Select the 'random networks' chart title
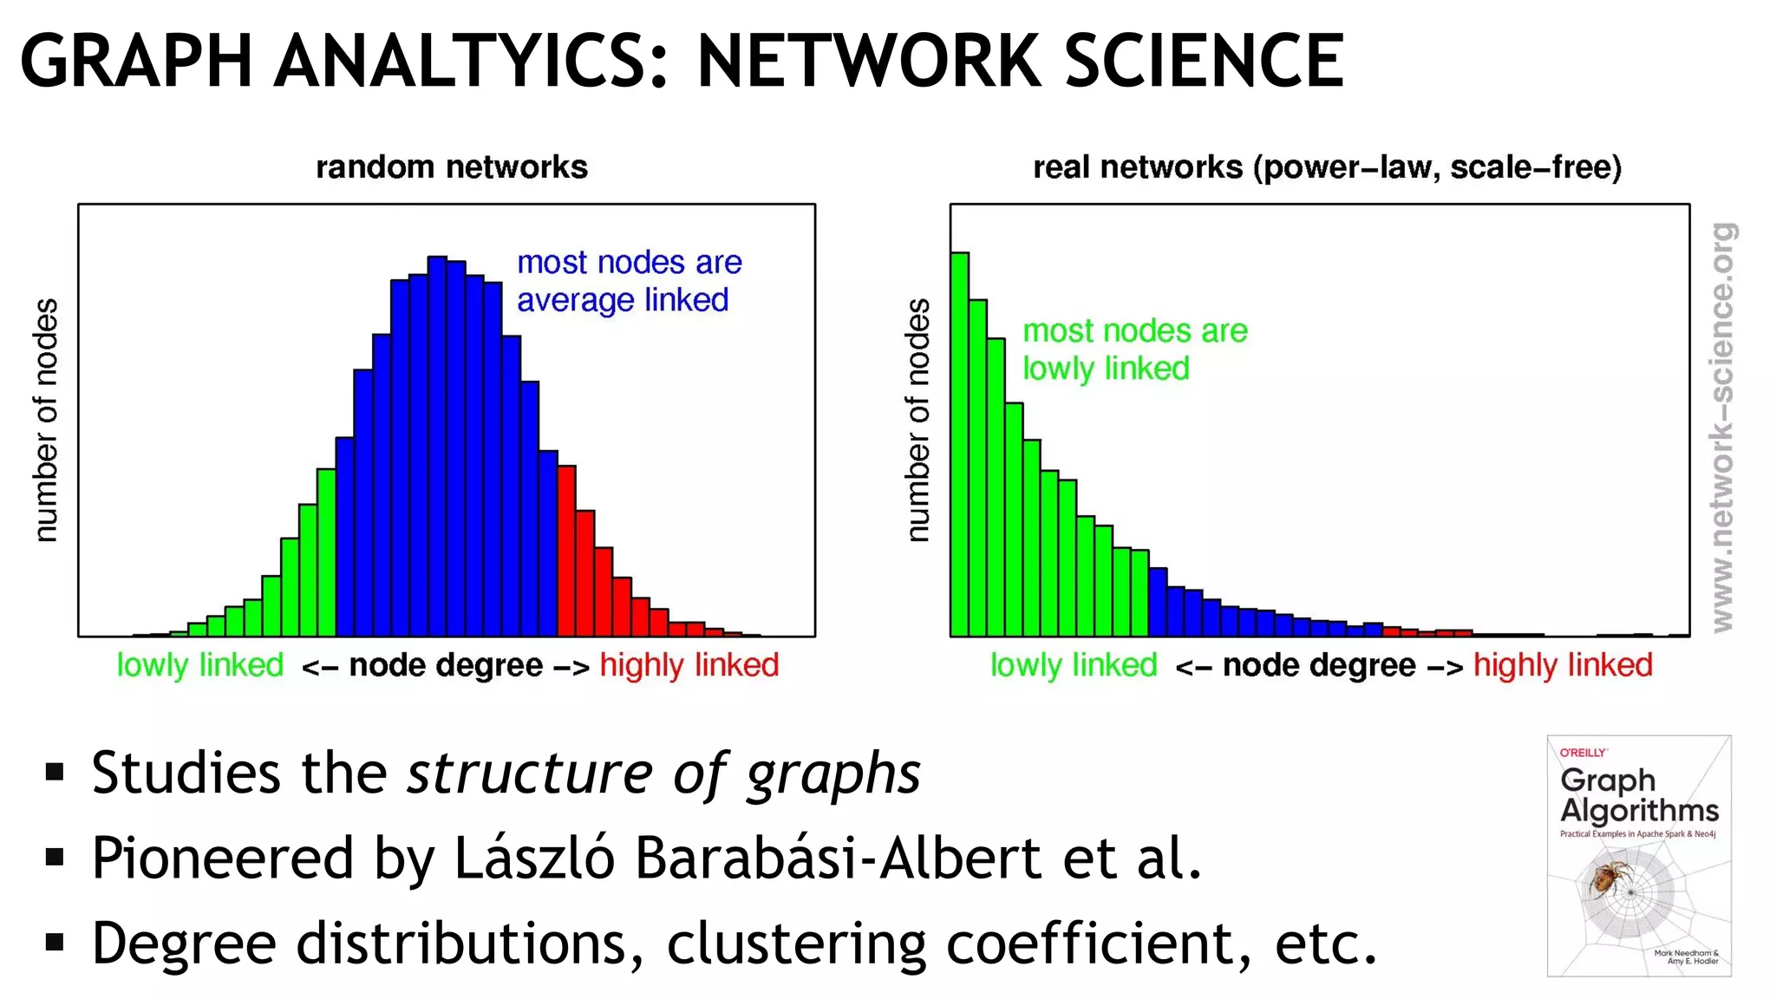tap(451, 166)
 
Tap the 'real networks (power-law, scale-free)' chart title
tap(1326, 166)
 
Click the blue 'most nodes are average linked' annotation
tap(628, 281)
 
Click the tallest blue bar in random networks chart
tap(437, 447)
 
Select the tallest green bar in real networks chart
tap(959, 444)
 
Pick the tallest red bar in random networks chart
tap(566, 551)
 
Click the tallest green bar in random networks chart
tap(326, 552)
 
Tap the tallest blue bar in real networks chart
tap(1158, 602)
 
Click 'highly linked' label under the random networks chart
tap(689, 665)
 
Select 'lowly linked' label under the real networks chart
tap(1073, 665)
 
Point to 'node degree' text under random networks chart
tap(446, 665)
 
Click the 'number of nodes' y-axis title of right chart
tap(917, 421)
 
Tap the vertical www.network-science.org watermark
tap(1722, 427)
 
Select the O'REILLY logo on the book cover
tap(1583, 753)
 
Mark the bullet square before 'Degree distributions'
tap(55, 942)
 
